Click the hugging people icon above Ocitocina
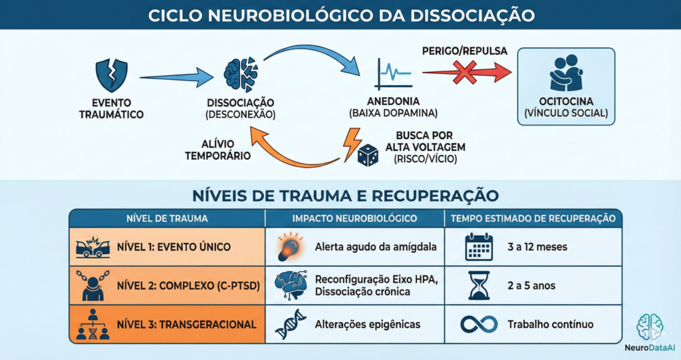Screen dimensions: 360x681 click(x=566, y=74)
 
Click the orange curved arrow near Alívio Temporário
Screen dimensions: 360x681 click(x=293, y=150)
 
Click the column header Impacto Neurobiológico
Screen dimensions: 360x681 click(x=354, y=218)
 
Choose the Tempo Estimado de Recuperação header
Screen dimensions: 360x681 click(x=532, y=218)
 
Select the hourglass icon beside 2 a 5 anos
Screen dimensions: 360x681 click(x=479, y=285)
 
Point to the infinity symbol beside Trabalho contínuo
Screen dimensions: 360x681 click(x=479, y=324)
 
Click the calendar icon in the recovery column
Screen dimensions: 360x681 click(x=479, y=247)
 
